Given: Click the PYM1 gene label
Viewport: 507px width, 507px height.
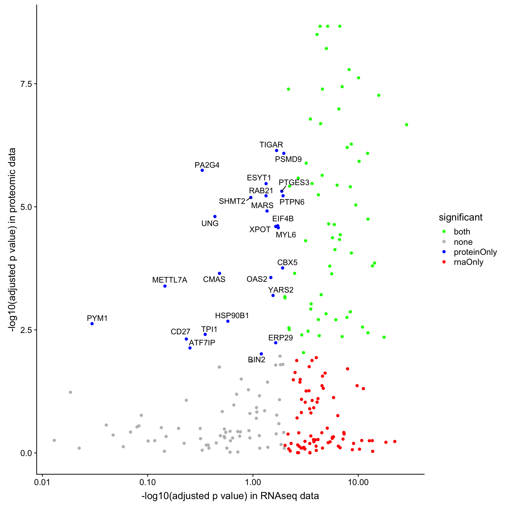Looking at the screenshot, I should (x=97, y=318).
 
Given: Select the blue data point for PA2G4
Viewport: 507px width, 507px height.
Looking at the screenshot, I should (x=202, y=170).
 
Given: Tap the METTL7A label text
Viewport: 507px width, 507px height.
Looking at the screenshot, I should (x=170, y=280).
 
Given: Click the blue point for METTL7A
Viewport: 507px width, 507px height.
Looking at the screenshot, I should (x=165, y=286).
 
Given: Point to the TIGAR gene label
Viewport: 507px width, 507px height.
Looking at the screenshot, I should (x=271, y=145).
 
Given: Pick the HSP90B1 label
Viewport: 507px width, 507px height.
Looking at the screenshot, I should (x=232, y=316).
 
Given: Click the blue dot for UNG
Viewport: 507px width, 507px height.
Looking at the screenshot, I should (x=215, y=217).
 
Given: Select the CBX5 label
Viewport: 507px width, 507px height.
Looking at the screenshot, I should (x=287, y=262).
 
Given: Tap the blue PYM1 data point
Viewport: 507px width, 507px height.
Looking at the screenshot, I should (x=92, y=324).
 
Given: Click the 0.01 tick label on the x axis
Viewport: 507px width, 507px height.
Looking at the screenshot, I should (x=42, y=482).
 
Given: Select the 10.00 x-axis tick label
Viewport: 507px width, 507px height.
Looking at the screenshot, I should (x=358, y=482).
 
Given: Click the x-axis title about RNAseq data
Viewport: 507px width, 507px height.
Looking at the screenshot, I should (x=230, y=496).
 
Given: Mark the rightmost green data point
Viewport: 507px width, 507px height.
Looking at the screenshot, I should (x=407, y=125).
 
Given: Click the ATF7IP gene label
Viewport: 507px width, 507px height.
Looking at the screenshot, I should (x=202, y=343).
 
